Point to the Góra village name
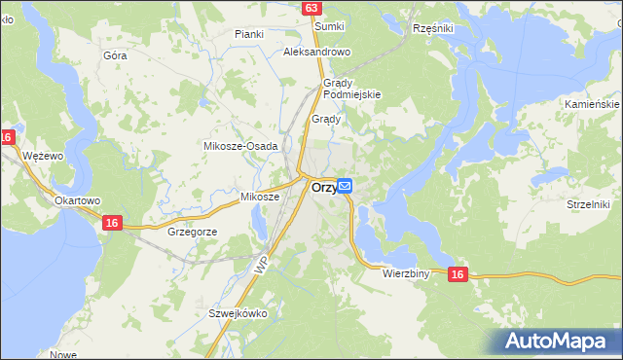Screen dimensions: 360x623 [x=115, y=55]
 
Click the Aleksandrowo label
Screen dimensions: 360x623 [x=316, y=52]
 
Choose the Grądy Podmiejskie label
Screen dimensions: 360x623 [x=351, y=89]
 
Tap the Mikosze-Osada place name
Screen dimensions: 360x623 [x=240, y=145]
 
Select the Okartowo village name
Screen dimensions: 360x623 [x=78, y=200]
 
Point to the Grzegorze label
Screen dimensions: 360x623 [x=192, y=233]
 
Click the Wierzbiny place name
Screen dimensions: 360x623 [x=407, y=274]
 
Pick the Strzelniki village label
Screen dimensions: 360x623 [x=587, y=204]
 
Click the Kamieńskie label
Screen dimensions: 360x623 [x=592, y=103]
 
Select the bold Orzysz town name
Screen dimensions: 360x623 [x=324, y=188]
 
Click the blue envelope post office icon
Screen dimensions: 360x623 [x=346, y=186]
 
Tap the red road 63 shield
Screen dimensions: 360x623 [x=311, y=8]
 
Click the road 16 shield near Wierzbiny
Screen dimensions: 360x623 [x=458, y=276]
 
